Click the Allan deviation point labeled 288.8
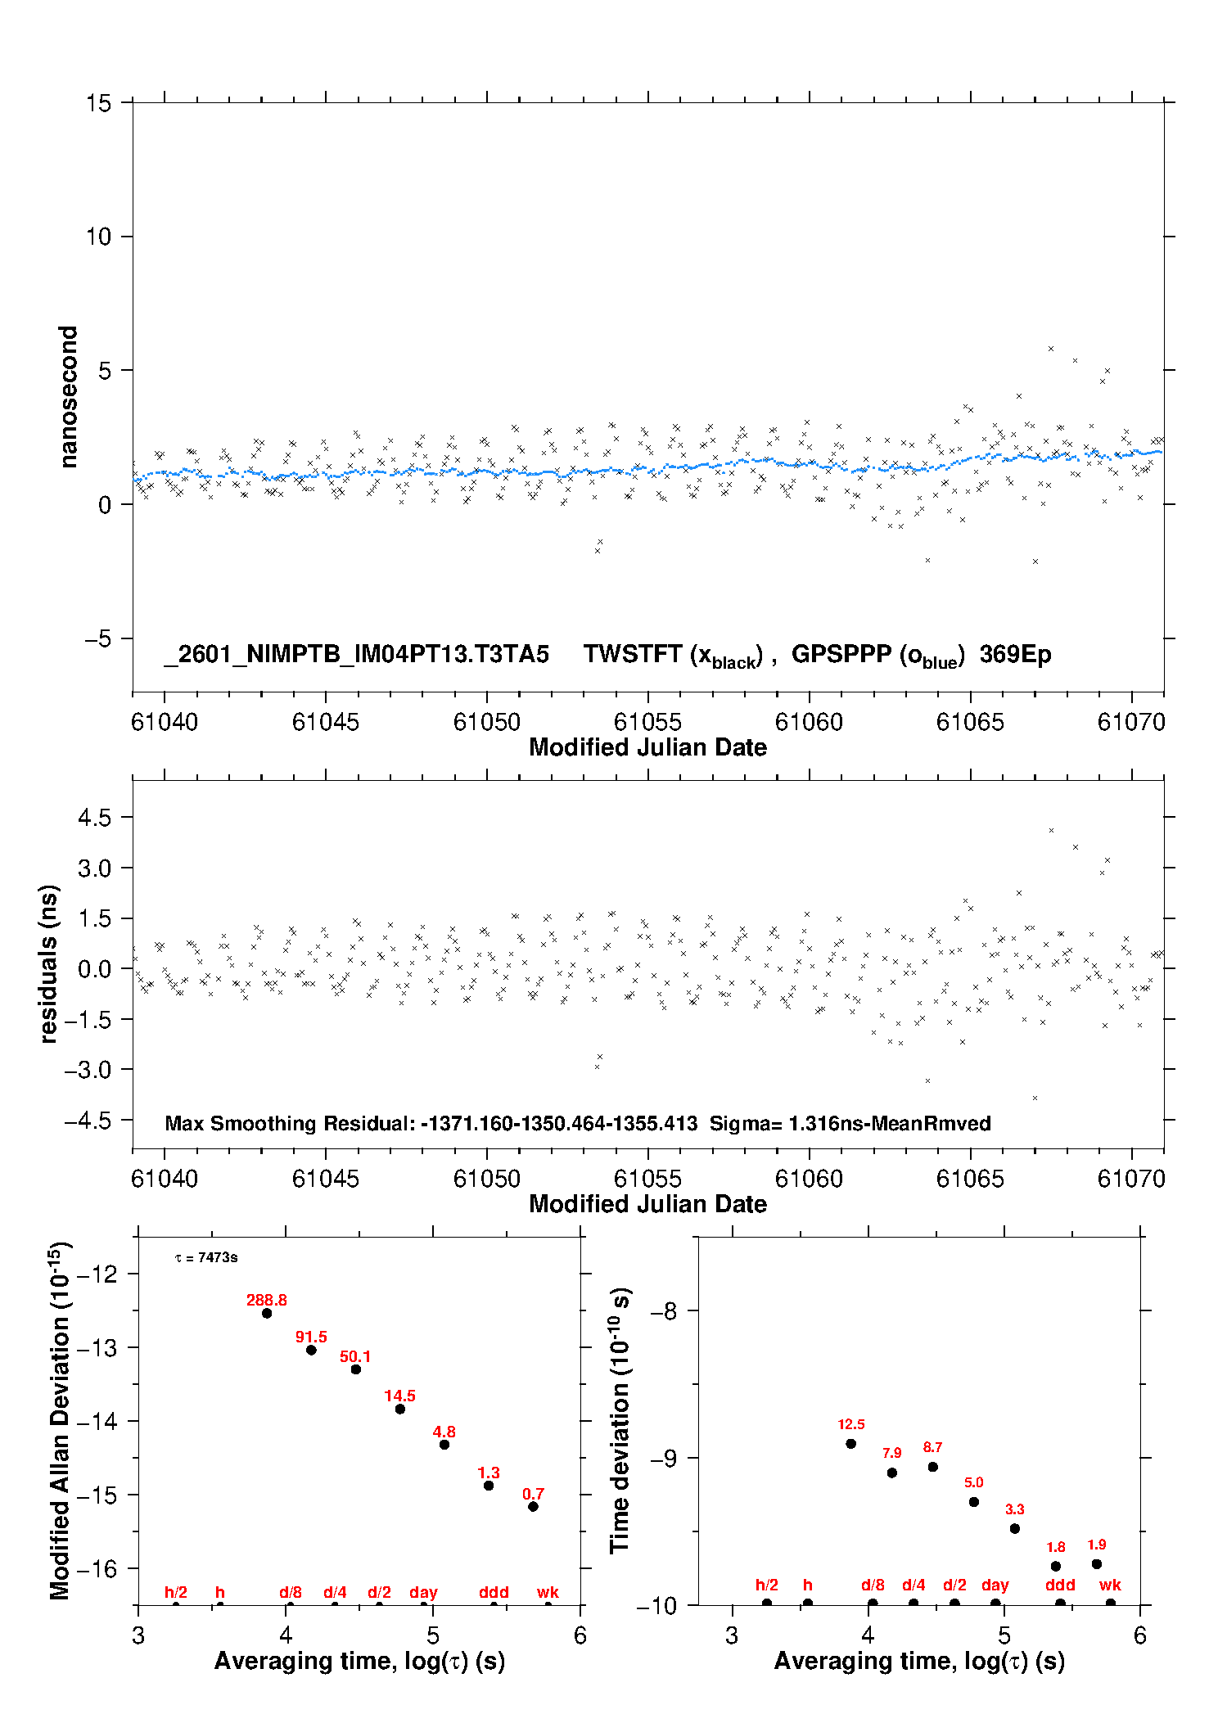coord(267,1313)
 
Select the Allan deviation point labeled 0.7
coord(533,1506)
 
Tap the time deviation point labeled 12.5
coord(851,1443)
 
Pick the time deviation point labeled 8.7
coord(933,1466)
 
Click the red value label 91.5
coord(311,1337)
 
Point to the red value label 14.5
coord(399,1396)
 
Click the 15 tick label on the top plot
coord(98,103)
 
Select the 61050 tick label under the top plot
coord(486,722)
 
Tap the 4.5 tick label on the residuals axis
coord(94,817)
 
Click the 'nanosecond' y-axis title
coord(69,396)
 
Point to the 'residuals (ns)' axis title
coord(49,963)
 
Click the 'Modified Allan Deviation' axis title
coord(61,1420)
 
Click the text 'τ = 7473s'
coord(206,1257)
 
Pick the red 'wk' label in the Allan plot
coord(548,1592)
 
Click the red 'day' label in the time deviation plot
coord(995,1585)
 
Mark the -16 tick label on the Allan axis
coord(97,1568)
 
